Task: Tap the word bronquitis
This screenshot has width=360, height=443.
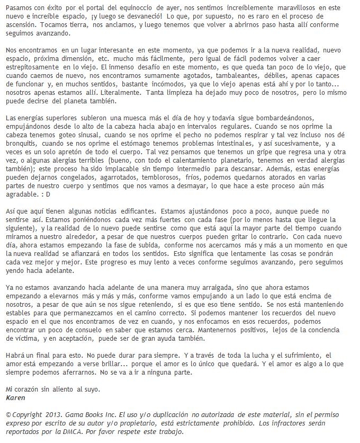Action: click(x=23, y=144)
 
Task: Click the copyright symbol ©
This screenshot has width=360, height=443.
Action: click(x=8, y=414)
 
